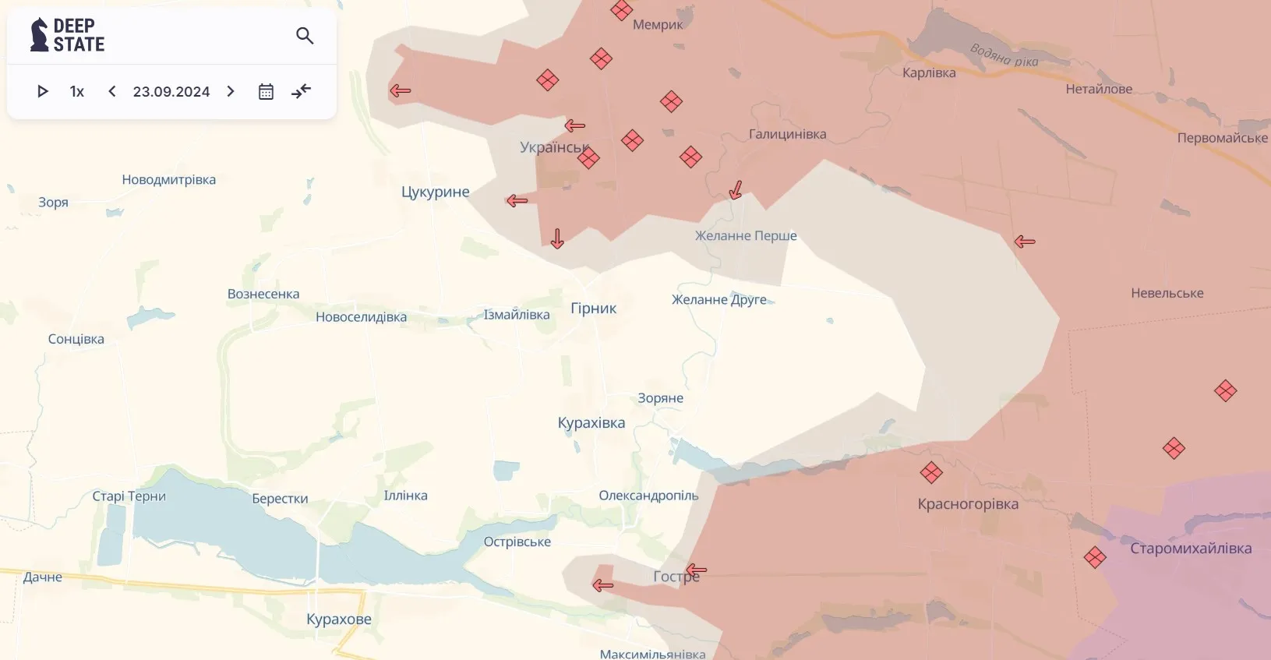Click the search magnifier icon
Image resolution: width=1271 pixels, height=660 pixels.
[305, 36]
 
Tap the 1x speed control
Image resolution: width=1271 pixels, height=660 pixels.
[76, 91]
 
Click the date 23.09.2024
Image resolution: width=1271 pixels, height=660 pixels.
[171, 91]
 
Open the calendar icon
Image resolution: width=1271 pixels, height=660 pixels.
[266, 91]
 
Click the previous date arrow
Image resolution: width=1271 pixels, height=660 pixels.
[112, 91]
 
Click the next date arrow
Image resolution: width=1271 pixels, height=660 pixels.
[231, 91]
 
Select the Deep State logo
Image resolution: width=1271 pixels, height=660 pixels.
[67, 36]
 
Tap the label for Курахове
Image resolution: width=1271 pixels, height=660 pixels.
[338, 619]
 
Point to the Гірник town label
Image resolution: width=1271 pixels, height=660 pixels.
[593, 308]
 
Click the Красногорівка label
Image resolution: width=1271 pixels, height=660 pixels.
[967, 503]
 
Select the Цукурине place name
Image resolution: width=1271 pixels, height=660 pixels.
[435, 192]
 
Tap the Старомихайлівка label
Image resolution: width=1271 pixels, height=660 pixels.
[1190, 548]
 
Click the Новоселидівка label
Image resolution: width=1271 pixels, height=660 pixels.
[361, 316]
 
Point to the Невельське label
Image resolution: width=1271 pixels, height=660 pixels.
[1167, 293]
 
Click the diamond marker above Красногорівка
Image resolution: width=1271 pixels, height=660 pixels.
[931, 472]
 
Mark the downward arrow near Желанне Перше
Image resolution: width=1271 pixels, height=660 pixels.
[735, 190]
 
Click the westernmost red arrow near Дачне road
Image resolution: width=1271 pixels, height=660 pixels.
[602, 585]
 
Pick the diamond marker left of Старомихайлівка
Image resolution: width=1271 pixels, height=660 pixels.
[1095, 557]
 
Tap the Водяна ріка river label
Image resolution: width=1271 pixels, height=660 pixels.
[1004, 55]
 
